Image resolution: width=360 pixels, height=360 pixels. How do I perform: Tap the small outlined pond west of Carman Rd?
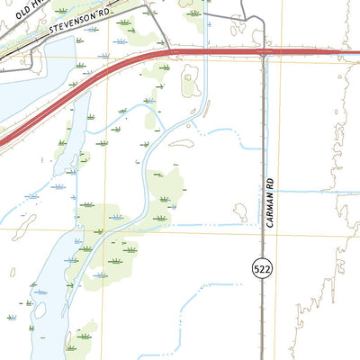(x=240, y=211)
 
